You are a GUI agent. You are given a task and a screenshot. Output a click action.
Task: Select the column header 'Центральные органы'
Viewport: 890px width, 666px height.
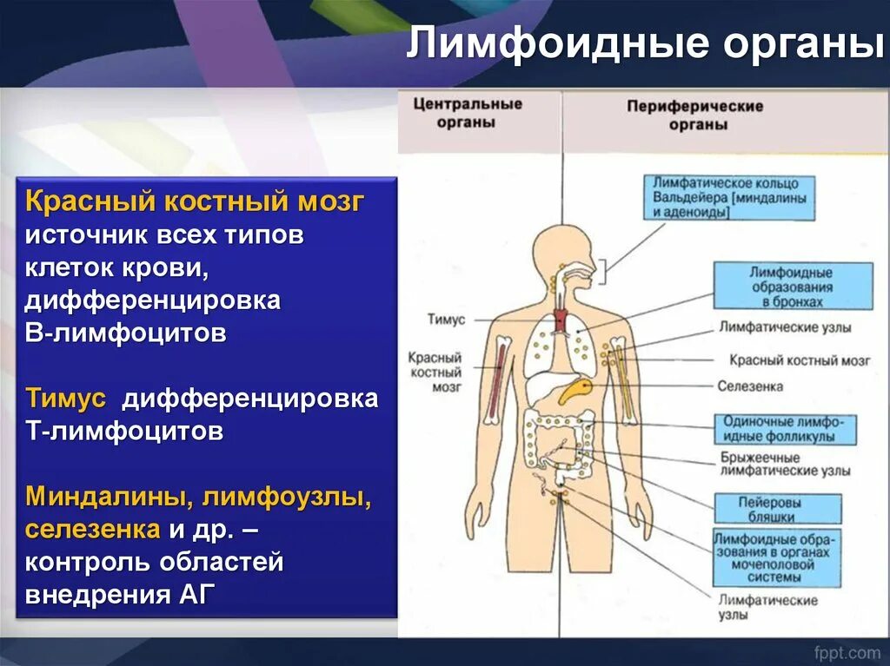tap(468, 113)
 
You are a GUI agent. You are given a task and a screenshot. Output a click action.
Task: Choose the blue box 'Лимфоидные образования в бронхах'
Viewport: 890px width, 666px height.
tap(792, 287)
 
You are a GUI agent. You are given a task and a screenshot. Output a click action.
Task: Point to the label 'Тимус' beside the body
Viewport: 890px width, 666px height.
tap(446, 320)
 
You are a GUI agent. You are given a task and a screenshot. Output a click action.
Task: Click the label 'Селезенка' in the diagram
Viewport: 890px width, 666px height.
tap(750, 386)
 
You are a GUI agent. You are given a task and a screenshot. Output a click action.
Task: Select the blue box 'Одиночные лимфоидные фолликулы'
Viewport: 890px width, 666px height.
tap(785, 428)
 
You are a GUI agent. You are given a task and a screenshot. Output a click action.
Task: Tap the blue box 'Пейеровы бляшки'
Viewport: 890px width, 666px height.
tap(778, 509)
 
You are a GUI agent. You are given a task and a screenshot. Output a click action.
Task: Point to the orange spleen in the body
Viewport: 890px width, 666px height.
tap(575, 391)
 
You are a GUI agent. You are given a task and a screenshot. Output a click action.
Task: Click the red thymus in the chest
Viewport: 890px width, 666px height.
tap(561, 321)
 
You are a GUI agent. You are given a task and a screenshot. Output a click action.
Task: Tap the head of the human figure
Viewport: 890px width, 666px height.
tap(565, 252)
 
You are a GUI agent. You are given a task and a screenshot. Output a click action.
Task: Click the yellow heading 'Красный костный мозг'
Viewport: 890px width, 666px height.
tap(195, 202)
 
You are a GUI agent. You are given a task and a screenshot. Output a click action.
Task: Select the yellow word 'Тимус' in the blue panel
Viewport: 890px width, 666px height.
tap(65, 399)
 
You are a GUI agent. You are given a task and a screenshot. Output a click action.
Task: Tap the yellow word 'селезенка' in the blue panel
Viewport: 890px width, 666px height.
tap(92, 529)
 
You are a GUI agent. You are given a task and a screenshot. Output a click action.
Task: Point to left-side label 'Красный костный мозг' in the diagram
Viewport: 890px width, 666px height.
tap(435, 372)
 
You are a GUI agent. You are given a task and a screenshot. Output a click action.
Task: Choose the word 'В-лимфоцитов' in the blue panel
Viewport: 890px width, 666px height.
tap(126, 333)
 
